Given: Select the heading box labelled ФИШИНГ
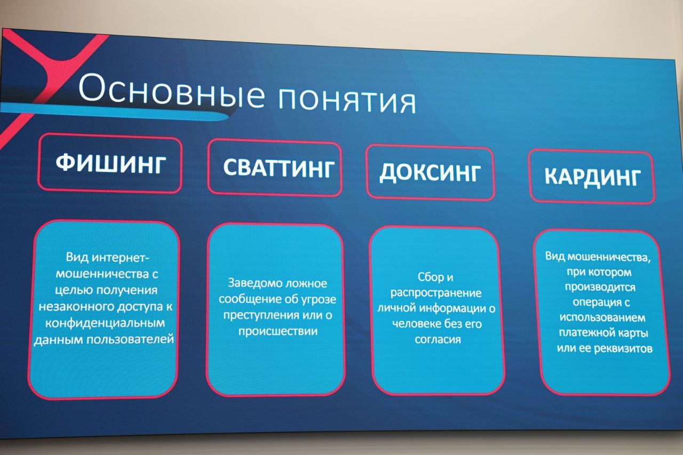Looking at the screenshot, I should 110,164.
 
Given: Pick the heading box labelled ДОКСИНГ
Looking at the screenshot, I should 430,172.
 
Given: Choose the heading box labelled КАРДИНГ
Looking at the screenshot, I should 592,176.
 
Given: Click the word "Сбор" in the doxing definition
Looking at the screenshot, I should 427,277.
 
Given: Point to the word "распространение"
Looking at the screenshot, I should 436,293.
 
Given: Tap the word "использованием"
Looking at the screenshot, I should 602,318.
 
